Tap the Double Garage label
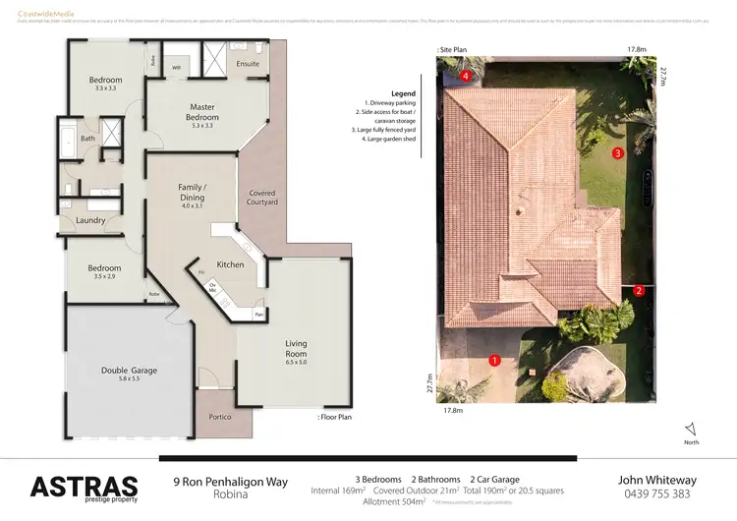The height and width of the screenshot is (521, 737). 129,371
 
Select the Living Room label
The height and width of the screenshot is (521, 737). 296,349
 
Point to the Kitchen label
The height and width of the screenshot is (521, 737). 229,265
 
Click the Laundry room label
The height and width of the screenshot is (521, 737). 89,220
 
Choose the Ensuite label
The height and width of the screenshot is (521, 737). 248,64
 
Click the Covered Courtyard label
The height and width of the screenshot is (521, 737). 262,198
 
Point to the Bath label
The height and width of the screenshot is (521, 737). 87,139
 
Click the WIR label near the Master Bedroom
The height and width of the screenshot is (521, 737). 176,67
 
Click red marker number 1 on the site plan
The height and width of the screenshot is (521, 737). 494,360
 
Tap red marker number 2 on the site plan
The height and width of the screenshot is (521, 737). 639,290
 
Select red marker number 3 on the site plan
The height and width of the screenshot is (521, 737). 618,153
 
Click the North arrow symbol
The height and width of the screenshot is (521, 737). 690,429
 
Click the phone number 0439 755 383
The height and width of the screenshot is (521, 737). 656,494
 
